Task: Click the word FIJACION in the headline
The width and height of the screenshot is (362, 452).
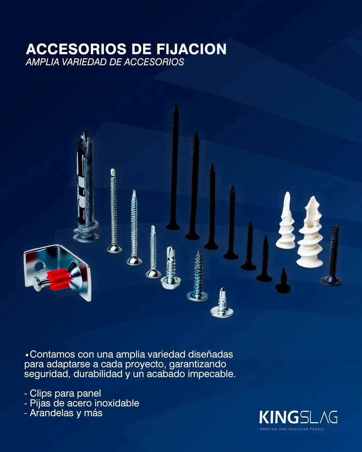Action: pyautogui.click(x=191, y=49)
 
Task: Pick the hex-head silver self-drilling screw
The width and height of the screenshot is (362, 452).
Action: pyautogui.click(x=171, y=268)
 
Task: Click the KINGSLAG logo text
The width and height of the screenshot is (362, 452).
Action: pyautogui.click(x=298, y=418)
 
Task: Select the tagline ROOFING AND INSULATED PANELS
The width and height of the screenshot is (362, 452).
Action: pyautogui.click(x=292, y=429)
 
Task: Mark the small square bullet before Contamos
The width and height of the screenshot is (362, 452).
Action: pyautogui.click(x=27, y=355)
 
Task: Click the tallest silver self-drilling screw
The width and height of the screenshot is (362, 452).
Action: pyautogui.click(x=114, y=211)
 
